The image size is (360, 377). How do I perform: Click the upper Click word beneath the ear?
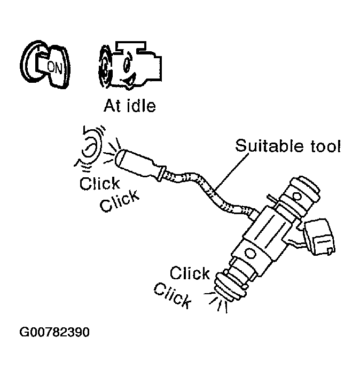click(99, 184)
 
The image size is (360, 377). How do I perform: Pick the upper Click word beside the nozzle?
click(190, 273)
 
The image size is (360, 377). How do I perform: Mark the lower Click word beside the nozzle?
click(172, 295)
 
